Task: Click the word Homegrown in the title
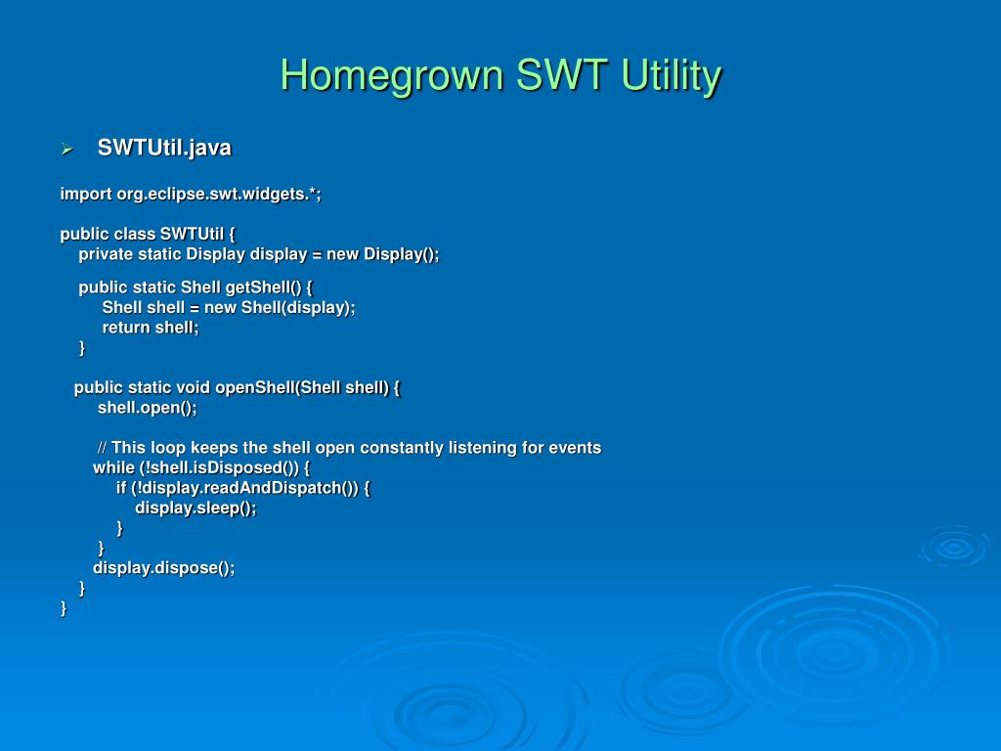(x=393, y=76)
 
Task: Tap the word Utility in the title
(x=671, y=76)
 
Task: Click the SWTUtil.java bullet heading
(x=164, y=149)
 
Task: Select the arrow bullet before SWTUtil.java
(x=67, y=150)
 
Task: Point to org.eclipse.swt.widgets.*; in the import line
(x=219, y=195)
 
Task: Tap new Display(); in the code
(x=383, y=254)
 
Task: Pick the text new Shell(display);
(x=280, y=308)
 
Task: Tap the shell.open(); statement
(x=148, y=408)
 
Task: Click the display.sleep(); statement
(x=196, y=508)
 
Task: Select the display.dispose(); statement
(x=164, y=568)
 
